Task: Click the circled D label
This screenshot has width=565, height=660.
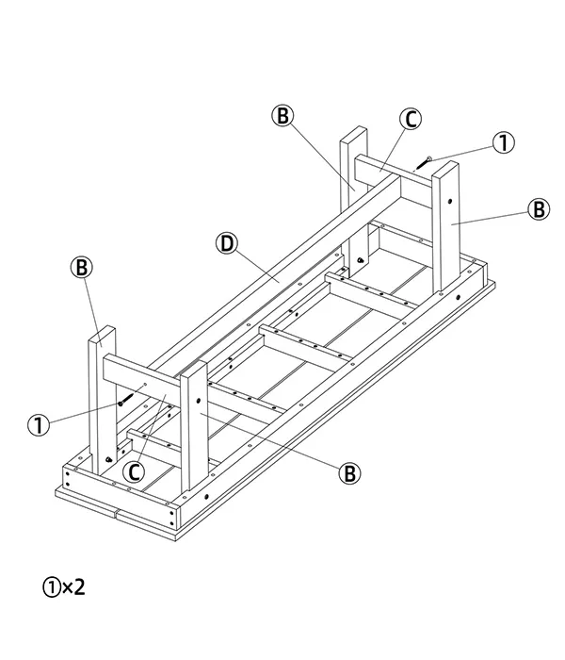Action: tap(226, 243)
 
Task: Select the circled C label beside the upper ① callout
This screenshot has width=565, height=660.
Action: tap(410, 119)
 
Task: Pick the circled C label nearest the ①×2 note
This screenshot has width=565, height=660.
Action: tap(136, 470)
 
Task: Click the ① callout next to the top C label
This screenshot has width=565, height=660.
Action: tap(505, 142)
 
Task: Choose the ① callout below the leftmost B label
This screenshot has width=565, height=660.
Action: tap(39, 425)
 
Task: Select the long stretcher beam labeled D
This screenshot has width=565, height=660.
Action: tap(282, 273)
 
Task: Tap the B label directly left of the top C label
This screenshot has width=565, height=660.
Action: tap(282, 116)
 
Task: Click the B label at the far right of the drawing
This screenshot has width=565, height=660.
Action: tap(539, 209)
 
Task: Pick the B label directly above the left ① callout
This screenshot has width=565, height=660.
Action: tap(81, 268)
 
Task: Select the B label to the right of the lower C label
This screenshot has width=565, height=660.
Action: tap(349, 472)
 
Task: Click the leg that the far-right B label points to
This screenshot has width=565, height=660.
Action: tap(447, 226)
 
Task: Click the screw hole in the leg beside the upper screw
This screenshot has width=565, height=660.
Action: tap(452, 201)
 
